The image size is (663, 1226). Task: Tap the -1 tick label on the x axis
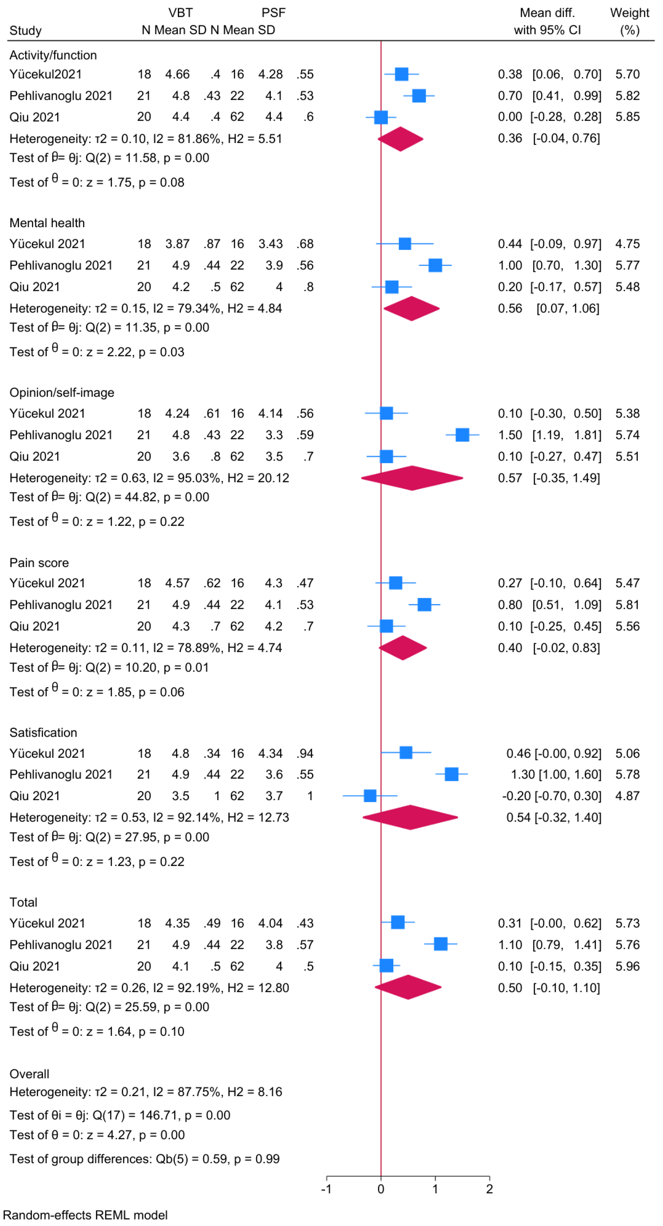[x=326, y=1189]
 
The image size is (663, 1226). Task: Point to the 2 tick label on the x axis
[x=489, y=1189]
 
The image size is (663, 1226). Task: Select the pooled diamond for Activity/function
[x=400, y=139]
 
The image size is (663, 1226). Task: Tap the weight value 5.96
[x=627, y=966]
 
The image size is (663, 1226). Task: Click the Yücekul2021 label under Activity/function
[x=45, y=74]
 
